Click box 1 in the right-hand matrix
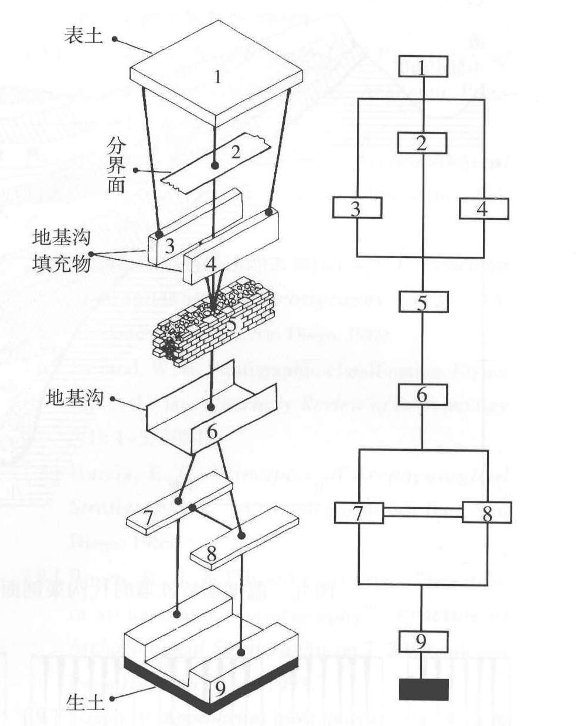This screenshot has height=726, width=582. [423, 67]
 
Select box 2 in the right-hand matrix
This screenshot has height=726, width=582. [422, 143]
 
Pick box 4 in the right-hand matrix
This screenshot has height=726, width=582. [483, 209]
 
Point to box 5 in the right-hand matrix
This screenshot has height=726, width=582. [423, 302]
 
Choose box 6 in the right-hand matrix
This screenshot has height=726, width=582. [423, 395]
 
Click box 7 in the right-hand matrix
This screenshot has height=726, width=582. [359, 513]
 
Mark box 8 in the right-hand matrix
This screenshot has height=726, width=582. [486, 513]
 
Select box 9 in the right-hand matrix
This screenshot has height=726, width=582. [423, 642]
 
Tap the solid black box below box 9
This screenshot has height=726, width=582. [424, 689]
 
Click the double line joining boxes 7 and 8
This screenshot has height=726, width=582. [423, 513]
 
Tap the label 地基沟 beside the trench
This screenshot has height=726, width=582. [74, 399]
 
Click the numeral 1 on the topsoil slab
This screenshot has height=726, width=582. [217, 77]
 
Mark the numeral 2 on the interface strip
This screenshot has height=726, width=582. [236, 152]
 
